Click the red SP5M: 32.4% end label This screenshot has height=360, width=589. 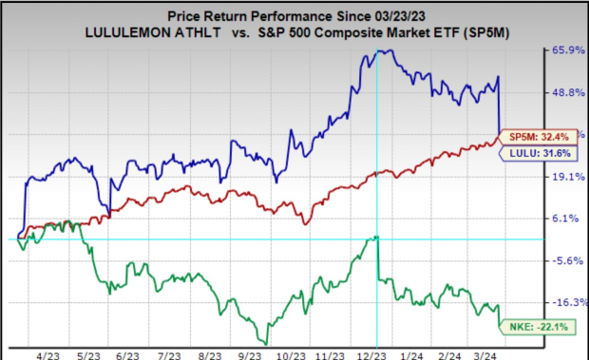click(x=535, y=135)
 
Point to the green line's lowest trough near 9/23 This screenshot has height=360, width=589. click(x=266, y=343)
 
